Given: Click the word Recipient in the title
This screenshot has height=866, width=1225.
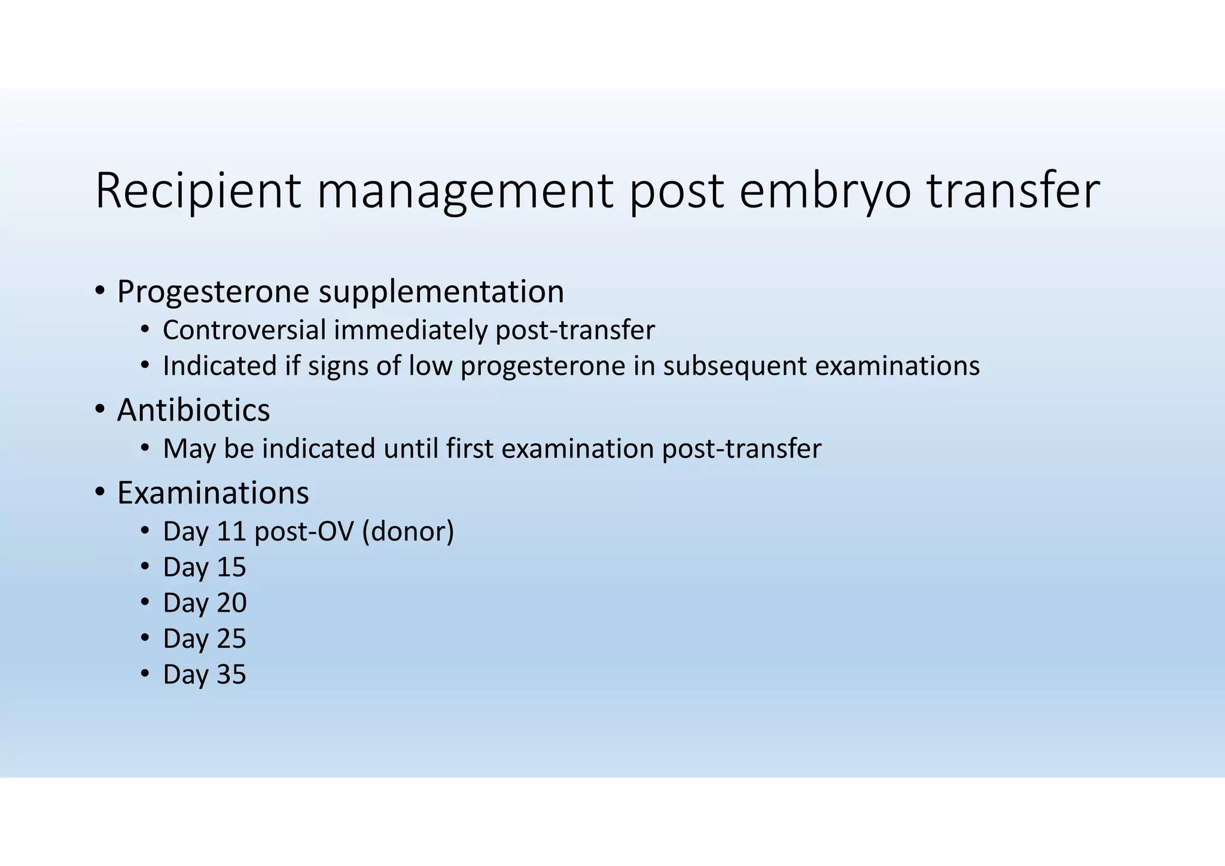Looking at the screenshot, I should tap(198, 191).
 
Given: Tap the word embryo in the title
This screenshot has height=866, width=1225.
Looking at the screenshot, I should tap(825, 191).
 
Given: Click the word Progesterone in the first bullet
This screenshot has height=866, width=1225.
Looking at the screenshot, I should tap(213, 292).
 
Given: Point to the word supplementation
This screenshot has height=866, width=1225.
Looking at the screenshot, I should tap(441, 292).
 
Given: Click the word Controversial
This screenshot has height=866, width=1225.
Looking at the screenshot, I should tap(244, 330).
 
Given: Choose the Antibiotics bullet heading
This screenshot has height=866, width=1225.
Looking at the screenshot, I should tap(193, 411).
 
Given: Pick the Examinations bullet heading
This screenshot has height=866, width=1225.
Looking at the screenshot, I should tap(213, 493).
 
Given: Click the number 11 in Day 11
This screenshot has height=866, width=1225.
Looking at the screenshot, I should tap(231, 532).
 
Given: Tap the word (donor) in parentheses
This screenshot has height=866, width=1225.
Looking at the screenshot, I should tap(408, 532).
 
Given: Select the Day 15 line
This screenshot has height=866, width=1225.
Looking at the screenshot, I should tap(204, 568).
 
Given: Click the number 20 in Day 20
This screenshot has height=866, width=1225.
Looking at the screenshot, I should tap(231, 603).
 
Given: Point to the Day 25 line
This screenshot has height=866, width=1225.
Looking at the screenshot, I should tap(204, 639).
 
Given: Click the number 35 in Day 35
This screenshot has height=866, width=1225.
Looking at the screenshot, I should tap(231, 675).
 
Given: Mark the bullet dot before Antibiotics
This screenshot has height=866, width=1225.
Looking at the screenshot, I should tap(100, 410).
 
